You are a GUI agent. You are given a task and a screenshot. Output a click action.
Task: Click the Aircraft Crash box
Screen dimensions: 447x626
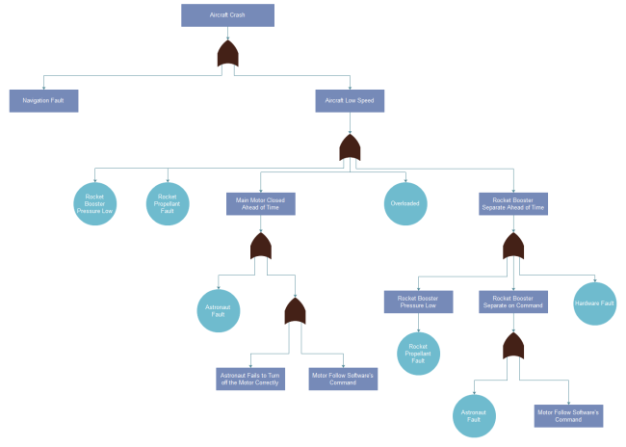pos(227,15)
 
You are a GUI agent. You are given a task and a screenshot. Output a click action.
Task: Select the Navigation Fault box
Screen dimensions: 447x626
pos(43,99)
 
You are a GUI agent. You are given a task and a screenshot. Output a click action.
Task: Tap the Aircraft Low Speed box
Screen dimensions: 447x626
pos(350,99)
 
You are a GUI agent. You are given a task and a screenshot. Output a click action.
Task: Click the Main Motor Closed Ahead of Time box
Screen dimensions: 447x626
pos(260,203)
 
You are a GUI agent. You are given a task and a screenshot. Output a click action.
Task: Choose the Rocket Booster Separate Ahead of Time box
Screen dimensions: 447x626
pos(513,203)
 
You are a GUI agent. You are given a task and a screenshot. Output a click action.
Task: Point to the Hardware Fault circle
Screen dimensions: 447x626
pos(593,303)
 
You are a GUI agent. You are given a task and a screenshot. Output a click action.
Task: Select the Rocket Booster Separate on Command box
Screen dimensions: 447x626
pos(513,302)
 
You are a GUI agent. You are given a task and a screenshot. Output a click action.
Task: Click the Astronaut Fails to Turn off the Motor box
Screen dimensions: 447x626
pos(249,379)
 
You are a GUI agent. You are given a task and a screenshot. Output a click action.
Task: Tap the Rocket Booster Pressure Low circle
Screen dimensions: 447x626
pos(94,204)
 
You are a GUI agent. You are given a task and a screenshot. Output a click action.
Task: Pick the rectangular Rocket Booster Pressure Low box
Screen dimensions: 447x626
pos(418,302)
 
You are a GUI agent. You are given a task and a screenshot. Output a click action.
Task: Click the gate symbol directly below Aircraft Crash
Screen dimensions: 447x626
pos(228,55)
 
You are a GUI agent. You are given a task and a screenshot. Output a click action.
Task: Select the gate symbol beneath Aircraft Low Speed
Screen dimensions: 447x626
pos(350,147)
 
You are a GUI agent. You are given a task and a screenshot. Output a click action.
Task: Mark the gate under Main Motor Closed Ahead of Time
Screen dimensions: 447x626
pos(261,247)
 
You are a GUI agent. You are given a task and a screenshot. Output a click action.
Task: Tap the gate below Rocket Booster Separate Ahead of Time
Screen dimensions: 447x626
pos(513,248)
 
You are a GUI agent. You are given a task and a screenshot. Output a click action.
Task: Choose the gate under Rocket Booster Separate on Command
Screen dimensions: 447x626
pos(513,346)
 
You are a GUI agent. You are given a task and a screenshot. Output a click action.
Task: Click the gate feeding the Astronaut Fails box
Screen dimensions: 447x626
pos(295,311)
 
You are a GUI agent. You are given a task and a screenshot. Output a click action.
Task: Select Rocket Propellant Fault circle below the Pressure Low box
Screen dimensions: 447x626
pos(418,352)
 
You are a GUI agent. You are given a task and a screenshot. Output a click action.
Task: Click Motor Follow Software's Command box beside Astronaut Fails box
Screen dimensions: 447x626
pos(342,379)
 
